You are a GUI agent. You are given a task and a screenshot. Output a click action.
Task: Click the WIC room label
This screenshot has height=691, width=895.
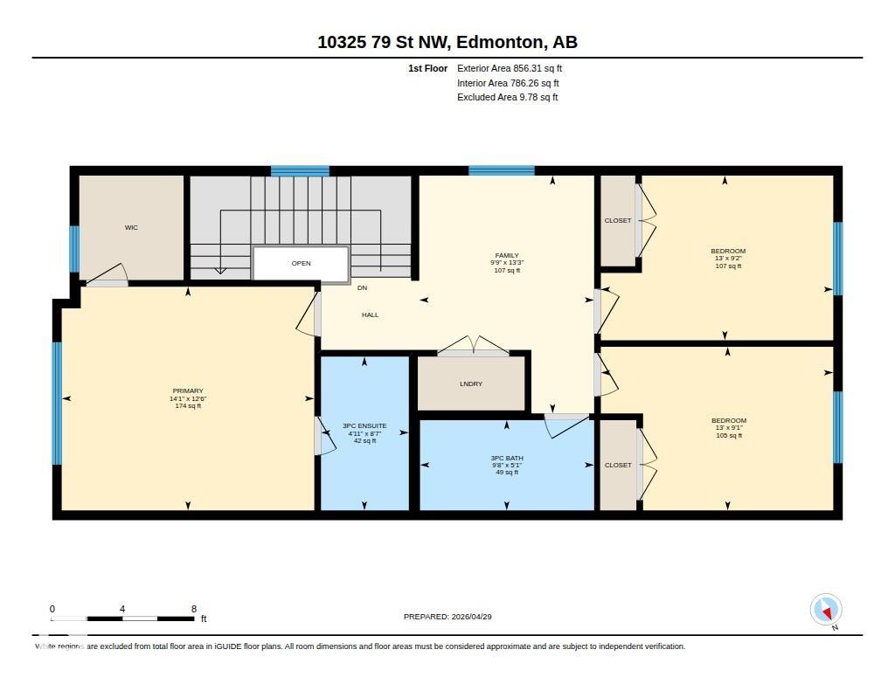(131, 227)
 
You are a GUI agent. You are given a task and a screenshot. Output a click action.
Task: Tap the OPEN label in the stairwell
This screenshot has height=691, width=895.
(301, 263)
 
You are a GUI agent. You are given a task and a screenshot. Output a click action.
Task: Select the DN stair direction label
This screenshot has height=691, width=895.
(362, 287)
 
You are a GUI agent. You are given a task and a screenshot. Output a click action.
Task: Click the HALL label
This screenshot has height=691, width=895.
(370, 314)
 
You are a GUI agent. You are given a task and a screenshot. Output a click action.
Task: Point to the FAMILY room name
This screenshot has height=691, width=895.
(507, 256)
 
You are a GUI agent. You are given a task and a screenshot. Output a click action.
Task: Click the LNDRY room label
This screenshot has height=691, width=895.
(471, 384)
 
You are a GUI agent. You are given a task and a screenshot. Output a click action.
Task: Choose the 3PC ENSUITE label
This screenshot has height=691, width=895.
(364, 425)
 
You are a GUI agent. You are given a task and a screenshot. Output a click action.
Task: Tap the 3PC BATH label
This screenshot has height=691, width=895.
(507, 458)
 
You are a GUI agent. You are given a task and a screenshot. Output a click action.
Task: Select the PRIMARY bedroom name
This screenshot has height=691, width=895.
(188, 390)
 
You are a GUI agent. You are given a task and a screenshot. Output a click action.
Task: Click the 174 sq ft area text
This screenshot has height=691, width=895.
(189, 405)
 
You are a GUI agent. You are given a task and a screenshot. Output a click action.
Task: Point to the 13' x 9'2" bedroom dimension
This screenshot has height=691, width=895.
(728, 258)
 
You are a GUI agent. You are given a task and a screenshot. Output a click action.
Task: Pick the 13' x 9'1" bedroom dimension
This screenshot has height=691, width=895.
(729, 427)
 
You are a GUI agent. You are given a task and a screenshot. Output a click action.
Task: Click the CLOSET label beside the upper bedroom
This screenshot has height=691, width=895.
(618, 220)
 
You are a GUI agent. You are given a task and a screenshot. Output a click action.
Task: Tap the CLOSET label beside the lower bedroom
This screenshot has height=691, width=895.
(618, 465)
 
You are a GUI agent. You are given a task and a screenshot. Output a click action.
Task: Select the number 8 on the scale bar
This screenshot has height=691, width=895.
(194, 609)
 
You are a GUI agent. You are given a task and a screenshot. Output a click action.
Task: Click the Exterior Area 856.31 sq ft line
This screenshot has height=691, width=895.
(510, 68)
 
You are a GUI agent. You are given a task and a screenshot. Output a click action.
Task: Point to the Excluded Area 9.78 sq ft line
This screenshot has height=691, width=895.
(508, 97)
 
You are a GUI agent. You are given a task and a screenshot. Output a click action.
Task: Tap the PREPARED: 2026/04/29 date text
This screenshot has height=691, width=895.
(447, 616)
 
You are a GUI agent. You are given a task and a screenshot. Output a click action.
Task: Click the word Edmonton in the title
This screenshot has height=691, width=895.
(499, 42)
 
